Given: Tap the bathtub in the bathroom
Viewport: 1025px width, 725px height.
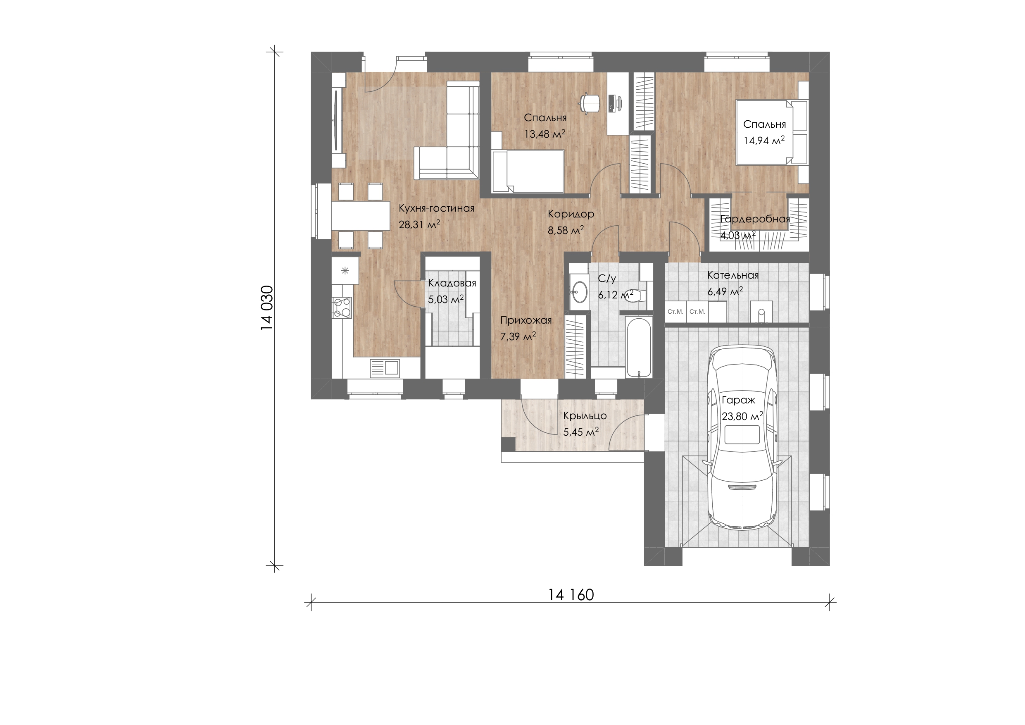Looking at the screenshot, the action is coord(639,348).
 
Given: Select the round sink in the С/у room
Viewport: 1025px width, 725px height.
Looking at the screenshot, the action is coord(580,292).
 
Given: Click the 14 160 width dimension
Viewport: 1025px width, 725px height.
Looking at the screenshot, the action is coord(571,595).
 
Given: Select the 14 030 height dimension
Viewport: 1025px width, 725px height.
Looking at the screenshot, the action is coord(266,308).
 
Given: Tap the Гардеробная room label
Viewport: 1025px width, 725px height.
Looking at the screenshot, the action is coord(755,219).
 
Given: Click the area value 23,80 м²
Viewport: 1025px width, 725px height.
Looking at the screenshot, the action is coord(742,416).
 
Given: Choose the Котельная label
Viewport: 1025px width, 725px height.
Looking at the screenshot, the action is coord(733,276).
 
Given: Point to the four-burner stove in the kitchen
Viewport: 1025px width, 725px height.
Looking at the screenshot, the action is coord(342,308).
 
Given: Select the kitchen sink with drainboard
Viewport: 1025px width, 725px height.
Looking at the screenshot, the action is coord(73,367).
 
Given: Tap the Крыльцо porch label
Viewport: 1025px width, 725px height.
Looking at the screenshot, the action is coord(585,416).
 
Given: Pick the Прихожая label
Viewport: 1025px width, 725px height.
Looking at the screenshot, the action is coord(526,320).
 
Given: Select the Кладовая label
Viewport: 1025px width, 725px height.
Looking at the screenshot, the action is coord(452,283).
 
